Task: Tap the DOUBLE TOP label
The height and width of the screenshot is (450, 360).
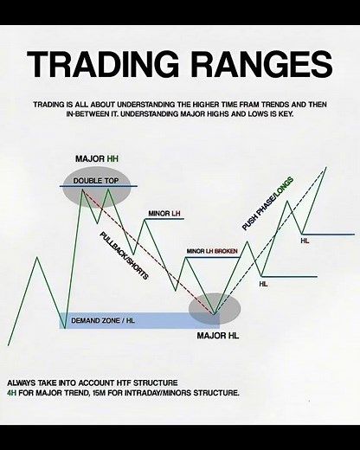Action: [95, 180]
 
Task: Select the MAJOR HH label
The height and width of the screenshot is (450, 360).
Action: [95, 159]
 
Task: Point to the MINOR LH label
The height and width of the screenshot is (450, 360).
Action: [164, 212]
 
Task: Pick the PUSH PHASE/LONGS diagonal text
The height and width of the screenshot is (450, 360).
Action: [269, 204]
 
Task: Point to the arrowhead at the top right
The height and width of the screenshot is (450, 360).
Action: [325, 168]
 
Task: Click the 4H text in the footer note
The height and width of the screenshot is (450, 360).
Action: [12, 393]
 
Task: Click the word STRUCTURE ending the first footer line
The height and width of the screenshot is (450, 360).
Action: [156, 382]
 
